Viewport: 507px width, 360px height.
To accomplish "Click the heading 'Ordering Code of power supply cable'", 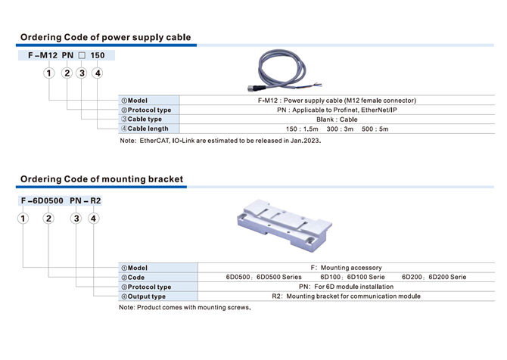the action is click(x=105, y=37).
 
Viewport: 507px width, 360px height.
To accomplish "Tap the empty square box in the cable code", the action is click(x=82, y=55).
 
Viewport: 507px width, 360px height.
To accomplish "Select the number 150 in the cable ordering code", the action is click(x=98, y=55).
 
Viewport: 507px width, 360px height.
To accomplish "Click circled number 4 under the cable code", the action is click(x=98, y=73).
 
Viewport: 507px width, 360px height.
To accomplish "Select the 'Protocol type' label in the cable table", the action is click(x=146, y=110).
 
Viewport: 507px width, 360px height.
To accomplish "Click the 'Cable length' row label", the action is click(x=145, y=129).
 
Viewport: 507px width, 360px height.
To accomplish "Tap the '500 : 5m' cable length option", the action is click(x=375, y=129).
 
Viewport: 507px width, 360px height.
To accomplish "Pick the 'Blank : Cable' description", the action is click(x=337, y=119).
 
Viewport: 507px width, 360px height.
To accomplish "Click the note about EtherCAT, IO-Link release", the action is click(x=220, y=141).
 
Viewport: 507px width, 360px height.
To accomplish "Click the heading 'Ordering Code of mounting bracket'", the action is click(x=101, y=179).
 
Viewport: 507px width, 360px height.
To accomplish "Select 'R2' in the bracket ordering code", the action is click(x=95, y=200).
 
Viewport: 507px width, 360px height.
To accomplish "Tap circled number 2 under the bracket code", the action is click(x=48, y=219).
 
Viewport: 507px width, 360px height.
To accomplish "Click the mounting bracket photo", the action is click(x=285, y=225).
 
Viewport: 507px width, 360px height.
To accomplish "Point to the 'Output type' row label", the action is click(x=143, y=296).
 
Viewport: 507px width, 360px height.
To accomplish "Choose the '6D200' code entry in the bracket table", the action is click(x=412, y=277).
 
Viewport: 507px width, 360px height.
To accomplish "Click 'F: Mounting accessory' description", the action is click(x=346, y=268).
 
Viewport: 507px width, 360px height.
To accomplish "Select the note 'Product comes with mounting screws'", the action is click(x=185, y=307).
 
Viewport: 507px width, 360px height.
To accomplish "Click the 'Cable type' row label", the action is click(x=142, y=119).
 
